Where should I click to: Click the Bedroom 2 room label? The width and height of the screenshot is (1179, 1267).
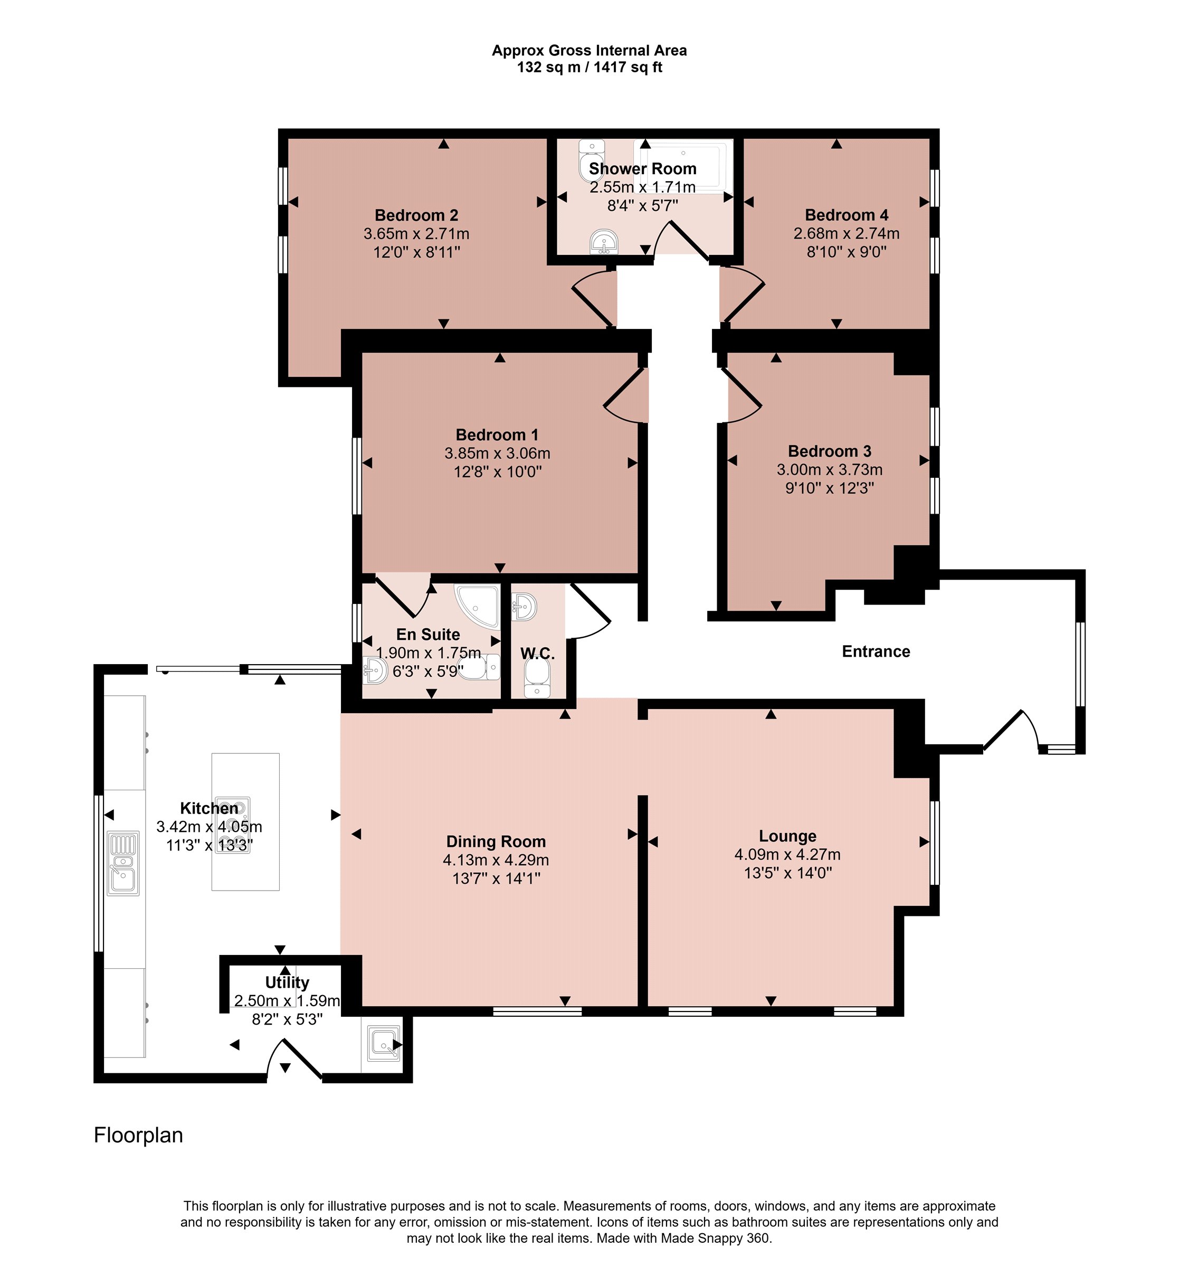(x=416, y=215)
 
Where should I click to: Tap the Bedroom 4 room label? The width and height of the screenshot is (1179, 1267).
(x=847, y=215)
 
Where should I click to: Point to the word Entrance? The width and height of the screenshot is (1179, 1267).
(x=876, y=651)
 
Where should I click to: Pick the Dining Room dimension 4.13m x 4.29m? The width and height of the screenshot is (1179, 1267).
(x=496, y=861)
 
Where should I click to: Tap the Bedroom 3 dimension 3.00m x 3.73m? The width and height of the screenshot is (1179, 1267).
(x=829, y=470)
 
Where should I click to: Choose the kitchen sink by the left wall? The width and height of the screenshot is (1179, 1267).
(x=123, y=863)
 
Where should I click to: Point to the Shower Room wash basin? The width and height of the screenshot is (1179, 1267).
(x=604, y=242)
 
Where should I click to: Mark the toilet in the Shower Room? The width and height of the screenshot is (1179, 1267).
(x=591, y=160)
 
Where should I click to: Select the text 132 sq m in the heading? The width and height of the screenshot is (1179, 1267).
(x=549, y=67)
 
